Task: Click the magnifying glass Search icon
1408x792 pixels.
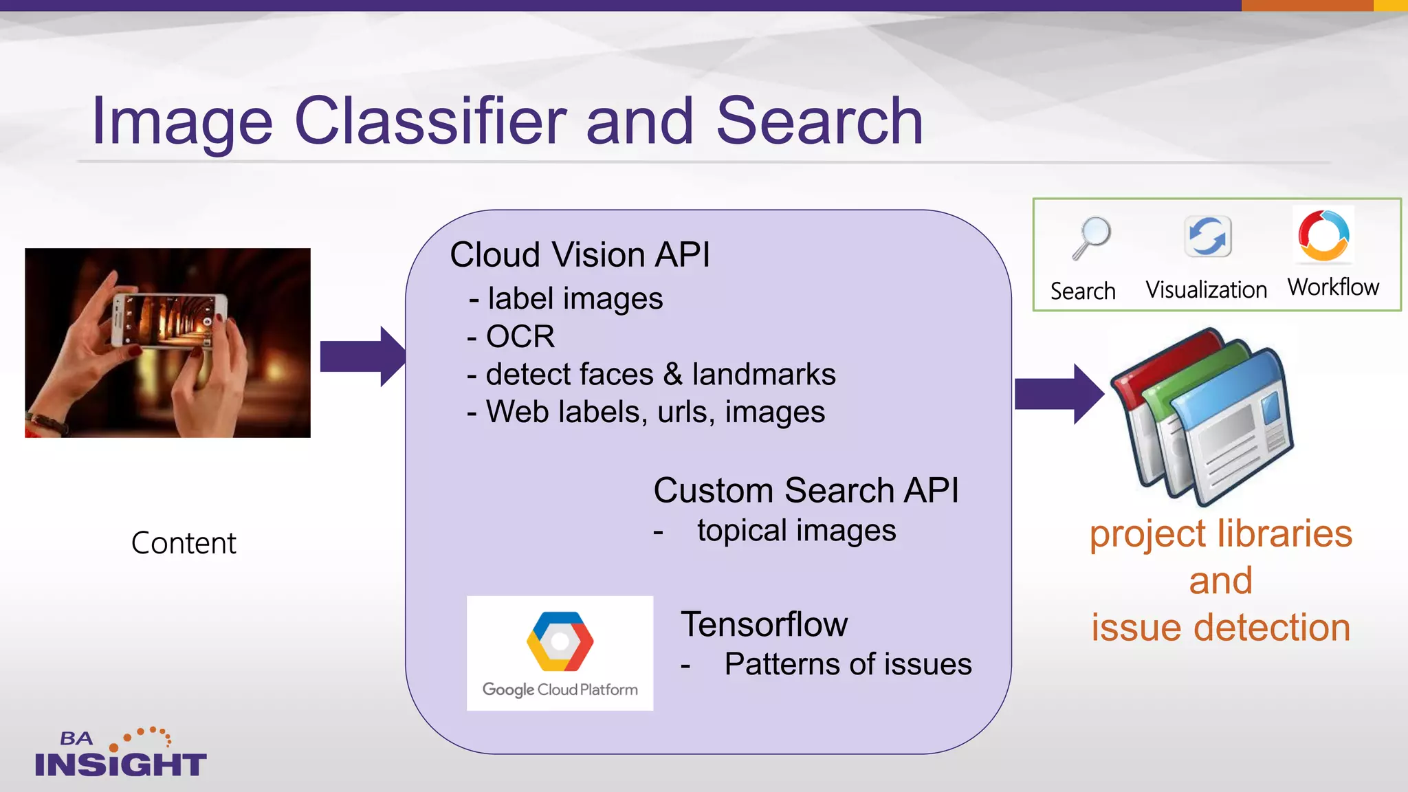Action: (1091, 238)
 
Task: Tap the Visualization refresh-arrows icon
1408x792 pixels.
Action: (1207, 236)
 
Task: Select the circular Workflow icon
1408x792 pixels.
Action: (1323, 235)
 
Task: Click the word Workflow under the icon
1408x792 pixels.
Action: (1333, 287)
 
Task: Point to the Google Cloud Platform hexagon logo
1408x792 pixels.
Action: (560, 641)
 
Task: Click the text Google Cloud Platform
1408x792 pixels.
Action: (560, 689)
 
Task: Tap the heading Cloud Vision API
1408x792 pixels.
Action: (580, 254)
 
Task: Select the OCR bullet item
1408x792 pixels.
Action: (519, 337)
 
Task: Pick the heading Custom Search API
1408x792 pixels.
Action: (806, 490)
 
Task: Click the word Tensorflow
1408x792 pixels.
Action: (764, 624)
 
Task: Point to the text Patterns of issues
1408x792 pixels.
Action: (848, 664)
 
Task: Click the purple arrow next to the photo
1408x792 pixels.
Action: (361, 356)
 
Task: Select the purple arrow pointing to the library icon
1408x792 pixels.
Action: (1057, 394)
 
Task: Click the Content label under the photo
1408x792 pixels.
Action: (184, 543)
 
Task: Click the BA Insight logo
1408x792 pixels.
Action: (120, 754)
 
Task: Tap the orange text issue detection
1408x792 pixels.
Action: (1221, 628)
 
